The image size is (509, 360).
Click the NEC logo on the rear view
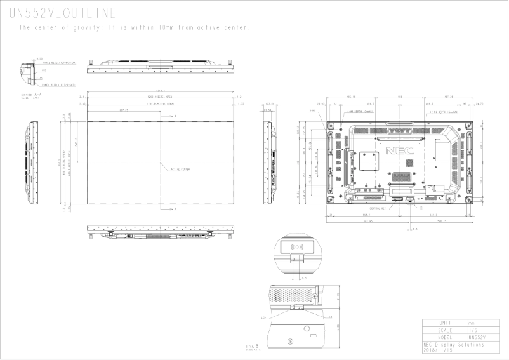tap(399, 151)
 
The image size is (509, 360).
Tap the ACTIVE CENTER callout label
tap(180, 170)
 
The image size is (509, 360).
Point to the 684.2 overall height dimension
tap(58, 163)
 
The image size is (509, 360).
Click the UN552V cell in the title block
tap(477, 337)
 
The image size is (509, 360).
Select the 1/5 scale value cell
tap(472, 330)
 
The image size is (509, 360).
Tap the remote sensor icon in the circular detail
tap(296, 248)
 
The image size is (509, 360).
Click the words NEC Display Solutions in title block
tap(453, 345)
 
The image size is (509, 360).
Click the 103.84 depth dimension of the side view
tap(269, 103)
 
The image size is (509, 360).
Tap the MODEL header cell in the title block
tap(444, 337)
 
